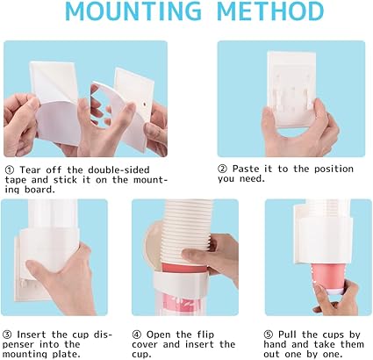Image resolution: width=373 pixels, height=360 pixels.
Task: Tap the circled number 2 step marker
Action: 224,166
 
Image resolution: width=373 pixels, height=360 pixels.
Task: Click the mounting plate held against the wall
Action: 286,88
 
